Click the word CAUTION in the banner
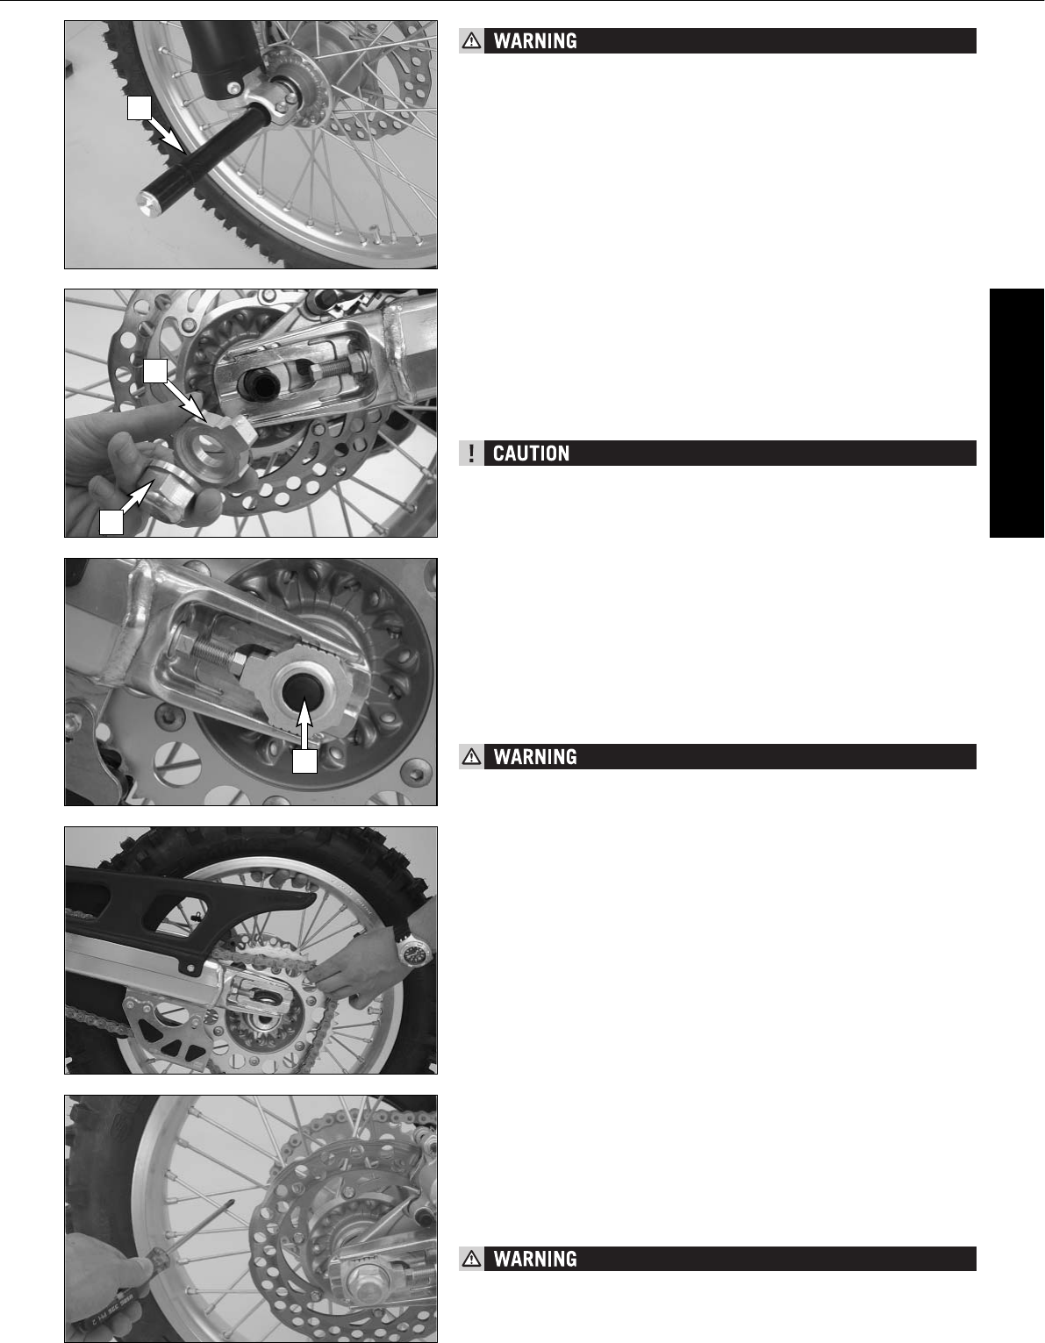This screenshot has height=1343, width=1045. (x=531, y=454)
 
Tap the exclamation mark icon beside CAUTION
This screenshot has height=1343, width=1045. (x=471, y=454)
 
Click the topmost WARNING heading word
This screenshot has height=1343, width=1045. (x=535, y=41)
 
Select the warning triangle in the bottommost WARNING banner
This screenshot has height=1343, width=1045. (x=472, y=1260)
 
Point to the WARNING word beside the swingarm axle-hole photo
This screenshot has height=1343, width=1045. (x=535, y=757)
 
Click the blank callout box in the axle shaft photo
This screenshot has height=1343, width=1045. (x=140, y=107)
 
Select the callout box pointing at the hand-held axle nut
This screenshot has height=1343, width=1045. (x=111, y=523)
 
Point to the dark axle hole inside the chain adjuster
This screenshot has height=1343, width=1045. (x=298, y=681)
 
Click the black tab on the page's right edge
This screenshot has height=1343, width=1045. (x=1017, y=412)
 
